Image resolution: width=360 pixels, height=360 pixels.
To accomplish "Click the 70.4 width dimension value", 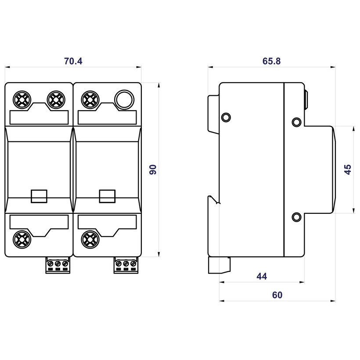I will (x=73, y=61).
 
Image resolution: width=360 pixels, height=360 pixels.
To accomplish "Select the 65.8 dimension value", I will (x=271, y=61).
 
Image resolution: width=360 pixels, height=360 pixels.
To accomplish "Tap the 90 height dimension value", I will (x=153, y=169).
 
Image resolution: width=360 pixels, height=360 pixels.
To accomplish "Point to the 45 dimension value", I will (x=347, y=169).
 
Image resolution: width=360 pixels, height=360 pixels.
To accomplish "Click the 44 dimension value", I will (x=262, y=276).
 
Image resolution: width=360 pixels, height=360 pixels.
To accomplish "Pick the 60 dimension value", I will (x=277, y=295).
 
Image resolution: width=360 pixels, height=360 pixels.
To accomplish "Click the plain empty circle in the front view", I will (x=123, y=100).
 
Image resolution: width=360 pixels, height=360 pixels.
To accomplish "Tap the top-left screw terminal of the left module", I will (x=21, y=100).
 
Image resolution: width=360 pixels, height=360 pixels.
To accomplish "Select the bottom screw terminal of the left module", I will (x=21, y=239).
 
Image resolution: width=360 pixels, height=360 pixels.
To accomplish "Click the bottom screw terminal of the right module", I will (x=89, y=239).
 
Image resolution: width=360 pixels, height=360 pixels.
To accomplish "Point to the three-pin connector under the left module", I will (x=58, y=265).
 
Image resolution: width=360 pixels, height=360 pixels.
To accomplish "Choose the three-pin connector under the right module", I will (x=126, y=265).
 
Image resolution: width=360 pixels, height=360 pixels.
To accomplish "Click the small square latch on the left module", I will (x=39, y=196).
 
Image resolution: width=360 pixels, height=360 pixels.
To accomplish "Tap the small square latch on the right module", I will (x=108, y=196).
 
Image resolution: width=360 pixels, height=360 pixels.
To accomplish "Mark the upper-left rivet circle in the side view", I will (x=226, y=117).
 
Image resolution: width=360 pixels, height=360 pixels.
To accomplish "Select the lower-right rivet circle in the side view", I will (x=296, y=216).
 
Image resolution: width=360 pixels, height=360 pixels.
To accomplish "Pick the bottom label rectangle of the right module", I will (x=108, y=221).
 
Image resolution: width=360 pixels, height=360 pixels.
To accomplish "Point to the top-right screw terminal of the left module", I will (x=55, y=100).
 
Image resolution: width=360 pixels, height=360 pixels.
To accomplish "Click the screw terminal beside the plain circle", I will (x=89, y=100).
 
